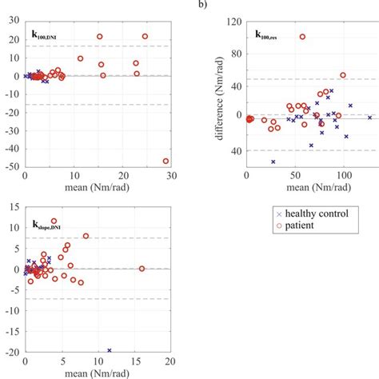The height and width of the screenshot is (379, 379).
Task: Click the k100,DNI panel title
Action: click(x=46, y=36)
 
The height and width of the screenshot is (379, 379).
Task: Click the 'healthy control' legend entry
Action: click(x=303, y=213)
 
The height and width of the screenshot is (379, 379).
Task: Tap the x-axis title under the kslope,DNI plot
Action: click(x=96, y=373)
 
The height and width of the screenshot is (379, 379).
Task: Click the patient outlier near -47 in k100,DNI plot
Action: click(x=166, y=161)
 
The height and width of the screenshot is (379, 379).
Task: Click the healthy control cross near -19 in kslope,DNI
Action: click(x=109, y=349)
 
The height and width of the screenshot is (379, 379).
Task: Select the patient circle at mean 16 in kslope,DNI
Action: click(x=142, y=269)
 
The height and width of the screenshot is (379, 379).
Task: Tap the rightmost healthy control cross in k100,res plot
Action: click(x=369, y=118)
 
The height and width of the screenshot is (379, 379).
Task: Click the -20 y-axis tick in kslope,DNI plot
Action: click(x=14, y=352)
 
